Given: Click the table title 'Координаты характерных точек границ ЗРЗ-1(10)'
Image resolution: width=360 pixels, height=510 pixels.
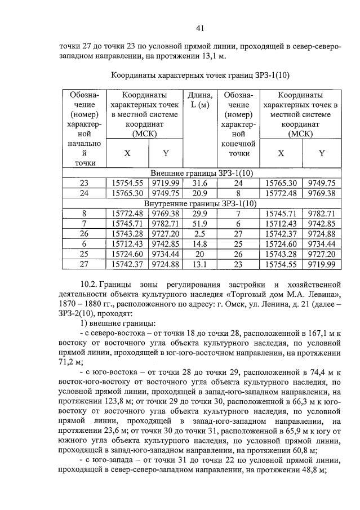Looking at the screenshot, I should click(199, 74).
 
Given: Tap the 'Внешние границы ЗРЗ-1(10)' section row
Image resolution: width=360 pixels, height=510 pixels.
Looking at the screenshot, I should click(200, 172).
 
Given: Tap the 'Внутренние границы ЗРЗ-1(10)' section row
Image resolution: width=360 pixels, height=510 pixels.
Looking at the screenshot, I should click(200, 203).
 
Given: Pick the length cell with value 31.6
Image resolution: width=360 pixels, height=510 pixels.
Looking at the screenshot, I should click(200, 183).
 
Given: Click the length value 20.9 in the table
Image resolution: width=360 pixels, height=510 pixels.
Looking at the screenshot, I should click(200, 193).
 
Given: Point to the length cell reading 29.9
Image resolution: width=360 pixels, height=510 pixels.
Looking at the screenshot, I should click(200, 214).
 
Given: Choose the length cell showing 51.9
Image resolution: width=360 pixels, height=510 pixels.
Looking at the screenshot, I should click(200, 224).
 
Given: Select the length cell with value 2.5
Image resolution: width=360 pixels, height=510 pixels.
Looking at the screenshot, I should click(200, 234).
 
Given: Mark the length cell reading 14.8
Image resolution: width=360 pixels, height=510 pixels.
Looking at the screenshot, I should click(200, 244).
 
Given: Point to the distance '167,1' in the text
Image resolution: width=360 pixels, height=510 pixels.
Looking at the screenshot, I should click(319, 334).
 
